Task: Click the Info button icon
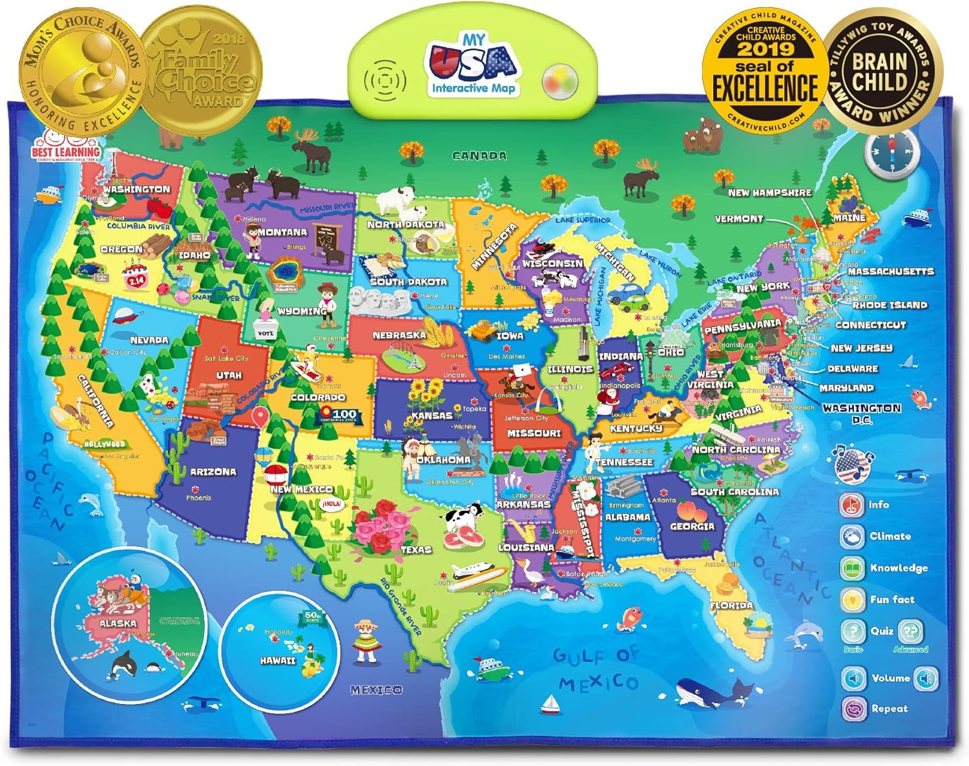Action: tap(851, 505)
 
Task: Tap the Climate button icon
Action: tap(852, 537)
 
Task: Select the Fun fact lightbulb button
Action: tap(852, 600)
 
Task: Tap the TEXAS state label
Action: tap(416, 549)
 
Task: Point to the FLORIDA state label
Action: tap(731, 606)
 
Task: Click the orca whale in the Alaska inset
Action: tap(122, 662)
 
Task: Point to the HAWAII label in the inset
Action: tap(278, 661)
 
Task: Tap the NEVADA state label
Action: tap(149, 339)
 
